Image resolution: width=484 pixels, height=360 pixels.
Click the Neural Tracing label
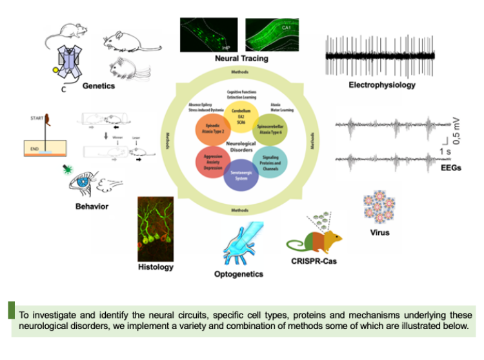tap(241, 59)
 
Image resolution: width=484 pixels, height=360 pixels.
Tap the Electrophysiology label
tap(382, 85)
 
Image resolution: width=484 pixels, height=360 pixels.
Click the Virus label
tap(380, 232)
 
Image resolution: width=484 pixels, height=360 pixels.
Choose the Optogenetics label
tap(238, 274)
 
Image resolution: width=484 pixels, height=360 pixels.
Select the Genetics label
tap(99, 85)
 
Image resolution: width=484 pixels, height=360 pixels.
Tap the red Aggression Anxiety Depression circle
tap(214, 161)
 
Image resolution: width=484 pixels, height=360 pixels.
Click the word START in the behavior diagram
tap(36, 119)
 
